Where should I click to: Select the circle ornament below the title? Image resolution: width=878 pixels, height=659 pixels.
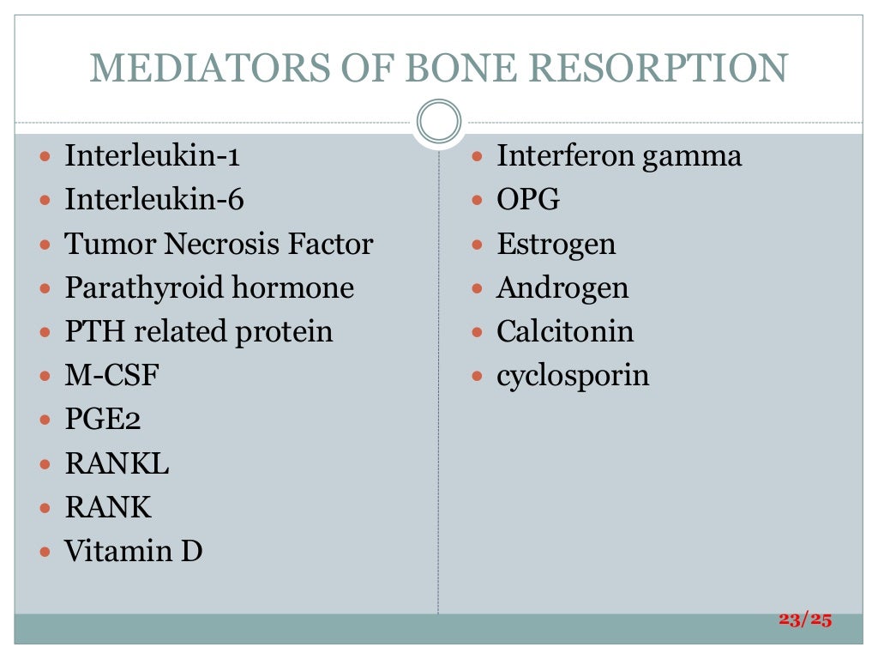pyautogui.click(x=438, y=121)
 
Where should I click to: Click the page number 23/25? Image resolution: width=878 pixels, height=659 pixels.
pyautogui.click(x=805, y=620)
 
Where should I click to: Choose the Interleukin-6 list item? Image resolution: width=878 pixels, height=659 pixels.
pyautogui.click(x=154, y=200)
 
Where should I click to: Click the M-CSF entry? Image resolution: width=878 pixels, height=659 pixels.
pyautogui.click(x=112, y=375)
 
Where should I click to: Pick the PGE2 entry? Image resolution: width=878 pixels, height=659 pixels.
pyautogui.click(x=103, y=420)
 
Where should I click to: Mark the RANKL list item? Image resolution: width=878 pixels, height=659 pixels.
pyautogui.click(x=117, y=463)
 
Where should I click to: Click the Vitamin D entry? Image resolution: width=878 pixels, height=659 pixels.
pyautogui.click(x=134, y=550)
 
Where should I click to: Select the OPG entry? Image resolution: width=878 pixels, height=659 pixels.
pyautogui.click(x=528, y=200)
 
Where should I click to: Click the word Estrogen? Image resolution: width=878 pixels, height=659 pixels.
pyautogui.click(x=556, y=245)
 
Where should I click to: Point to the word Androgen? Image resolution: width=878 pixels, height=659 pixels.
pyautogui.click(x=562, y=287)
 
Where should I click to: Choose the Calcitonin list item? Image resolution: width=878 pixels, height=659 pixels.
pyautogui.click(x=565, y=331)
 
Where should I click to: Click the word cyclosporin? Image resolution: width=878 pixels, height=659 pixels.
pyautogui.click(x=573, y=376)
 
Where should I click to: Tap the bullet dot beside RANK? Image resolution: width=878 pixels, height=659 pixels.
pyautogui.click(x=45, y=508)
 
